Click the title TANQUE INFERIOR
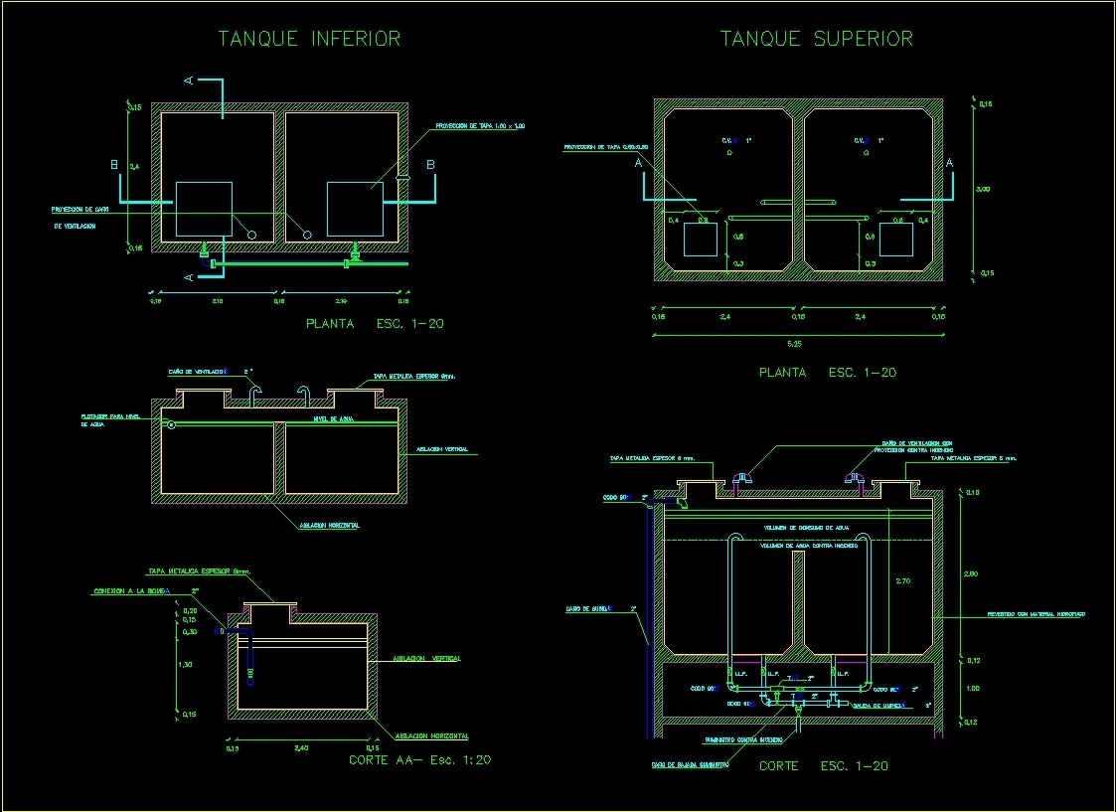309,40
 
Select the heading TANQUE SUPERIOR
816,40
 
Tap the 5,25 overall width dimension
795,344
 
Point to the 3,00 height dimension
983,189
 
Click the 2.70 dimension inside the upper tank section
902,580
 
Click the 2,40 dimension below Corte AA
302,747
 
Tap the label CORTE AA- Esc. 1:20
419,760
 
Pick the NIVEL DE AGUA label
333,419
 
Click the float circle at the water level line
171,425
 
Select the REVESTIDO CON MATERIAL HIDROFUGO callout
1037,614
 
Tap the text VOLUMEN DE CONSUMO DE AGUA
806,528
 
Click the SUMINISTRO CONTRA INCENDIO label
743,740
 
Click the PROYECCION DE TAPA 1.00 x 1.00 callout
479,126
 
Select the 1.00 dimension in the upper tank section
973,688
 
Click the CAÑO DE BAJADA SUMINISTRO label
691,765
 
